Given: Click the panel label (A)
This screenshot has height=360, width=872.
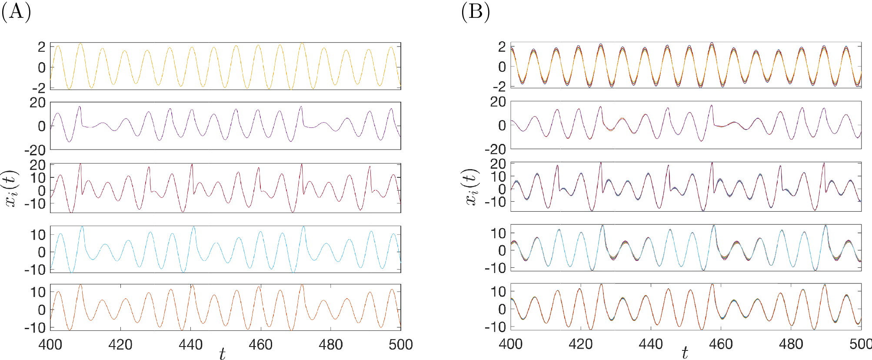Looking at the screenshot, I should click(x=16, y=12).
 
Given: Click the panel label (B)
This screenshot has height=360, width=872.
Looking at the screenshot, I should click(x=476, y=12).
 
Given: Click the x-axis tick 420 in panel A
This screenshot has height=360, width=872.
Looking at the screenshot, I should click(x=120, y=345).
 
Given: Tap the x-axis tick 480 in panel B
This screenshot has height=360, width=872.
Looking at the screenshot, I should click(x=791, y=344).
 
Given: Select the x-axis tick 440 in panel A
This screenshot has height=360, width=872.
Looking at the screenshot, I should click(x=190, y=345).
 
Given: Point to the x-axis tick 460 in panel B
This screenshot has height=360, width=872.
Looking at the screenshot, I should click(x=721, y=344).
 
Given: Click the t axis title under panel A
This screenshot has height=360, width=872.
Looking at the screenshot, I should click(x=222, y=354).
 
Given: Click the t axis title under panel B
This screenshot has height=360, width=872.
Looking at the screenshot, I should click(x=685, y=353).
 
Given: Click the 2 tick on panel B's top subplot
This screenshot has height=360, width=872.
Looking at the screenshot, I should click(x=502, y=46).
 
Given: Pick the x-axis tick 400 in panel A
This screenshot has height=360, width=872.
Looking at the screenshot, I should click(x=50, y=345).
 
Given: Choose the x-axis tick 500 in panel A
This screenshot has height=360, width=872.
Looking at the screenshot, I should click(x=400, y=345).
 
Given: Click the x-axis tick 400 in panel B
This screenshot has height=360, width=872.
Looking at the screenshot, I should click(x=511, y=344).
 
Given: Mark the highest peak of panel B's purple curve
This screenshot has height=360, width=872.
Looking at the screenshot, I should click(x=712, y=105).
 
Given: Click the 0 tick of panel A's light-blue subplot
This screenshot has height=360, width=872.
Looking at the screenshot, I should click(x=42, y=252).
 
